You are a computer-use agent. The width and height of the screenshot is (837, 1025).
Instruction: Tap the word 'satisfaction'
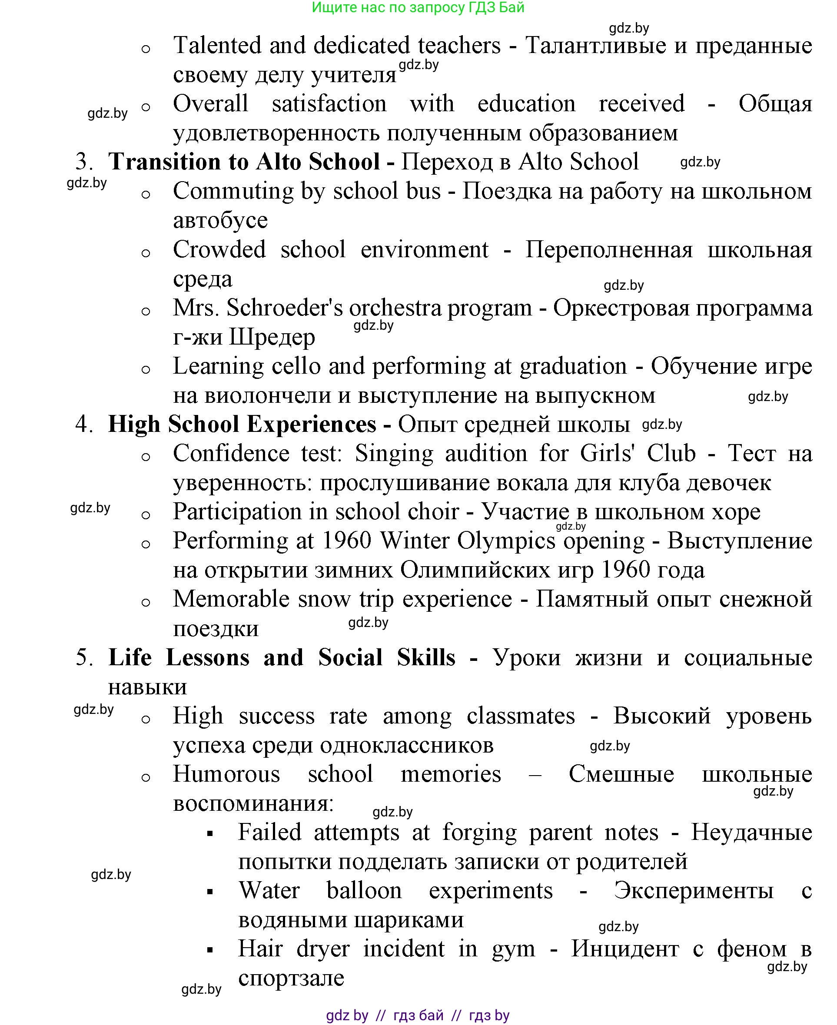pos(329,104)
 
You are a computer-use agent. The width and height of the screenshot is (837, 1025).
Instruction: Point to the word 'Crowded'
pos(219,250)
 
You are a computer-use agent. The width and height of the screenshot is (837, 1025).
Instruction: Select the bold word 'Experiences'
pos(312,424)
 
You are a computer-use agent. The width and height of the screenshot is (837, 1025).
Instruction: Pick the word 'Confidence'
pos(231,453)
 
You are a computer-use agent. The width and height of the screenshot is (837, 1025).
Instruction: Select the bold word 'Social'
pos(350,657)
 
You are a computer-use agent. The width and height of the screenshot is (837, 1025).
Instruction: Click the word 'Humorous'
pos(226,774)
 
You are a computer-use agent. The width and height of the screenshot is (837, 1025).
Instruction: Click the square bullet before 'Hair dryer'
pos(210,950)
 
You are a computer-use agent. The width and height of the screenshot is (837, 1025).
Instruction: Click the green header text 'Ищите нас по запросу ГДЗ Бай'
pos(418,8)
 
